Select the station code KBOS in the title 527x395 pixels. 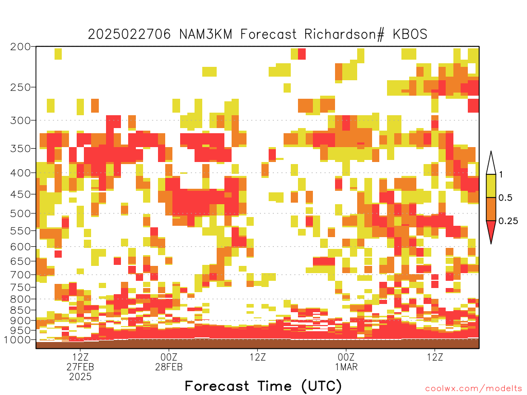410,34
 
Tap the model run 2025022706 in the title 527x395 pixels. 129,34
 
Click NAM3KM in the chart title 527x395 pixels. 206,34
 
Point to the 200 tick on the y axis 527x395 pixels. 20,47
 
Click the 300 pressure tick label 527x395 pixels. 20,120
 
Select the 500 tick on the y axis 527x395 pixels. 20,213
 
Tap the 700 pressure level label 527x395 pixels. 20,275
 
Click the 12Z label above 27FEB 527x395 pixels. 80,357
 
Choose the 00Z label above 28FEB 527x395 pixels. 169,357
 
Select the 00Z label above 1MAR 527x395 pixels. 346,357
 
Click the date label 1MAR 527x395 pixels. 346,367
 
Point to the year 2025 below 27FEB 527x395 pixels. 80,377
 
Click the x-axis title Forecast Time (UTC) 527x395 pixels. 263,386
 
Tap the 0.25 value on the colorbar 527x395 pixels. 508,221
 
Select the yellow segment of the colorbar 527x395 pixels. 491,186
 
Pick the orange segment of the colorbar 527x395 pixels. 491,209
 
